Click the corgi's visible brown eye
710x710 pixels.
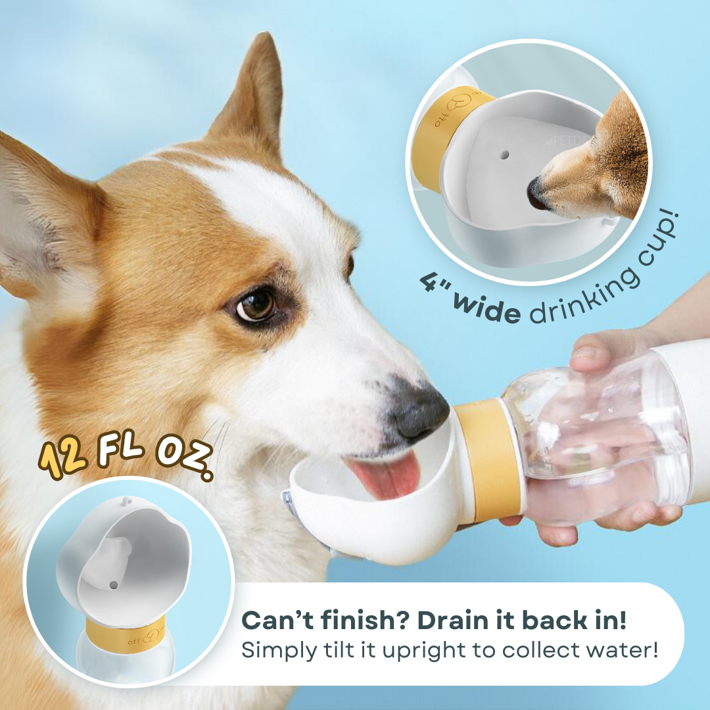coord(256,305)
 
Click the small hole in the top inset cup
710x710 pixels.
coord(505,156)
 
